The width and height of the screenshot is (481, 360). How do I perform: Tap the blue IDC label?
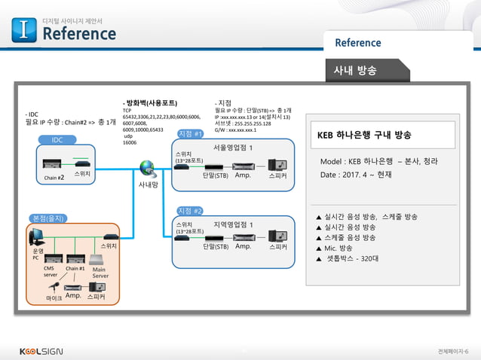coord(57,140)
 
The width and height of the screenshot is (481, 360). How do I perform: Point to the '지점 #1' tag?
coord(190,134)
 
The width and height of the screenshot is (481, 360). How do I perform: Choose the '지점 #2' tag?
coord(190,210)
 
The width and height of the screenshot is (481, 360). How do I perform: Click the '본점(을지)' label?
coord(50,218)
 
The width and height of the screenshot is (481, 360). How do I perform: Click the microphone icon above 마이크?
coord(54,286)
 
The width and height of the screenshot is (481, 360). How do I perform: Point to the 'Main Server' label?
coord(100,272)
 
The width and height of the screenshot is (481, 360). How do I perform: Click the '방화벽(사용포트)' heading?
coord(150,102)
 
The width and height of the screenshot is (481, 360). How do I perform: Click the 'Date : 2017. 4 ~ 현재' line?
coord(357,174)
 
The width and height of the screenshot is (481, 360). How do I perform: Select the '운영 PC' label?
coord(37,254)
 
